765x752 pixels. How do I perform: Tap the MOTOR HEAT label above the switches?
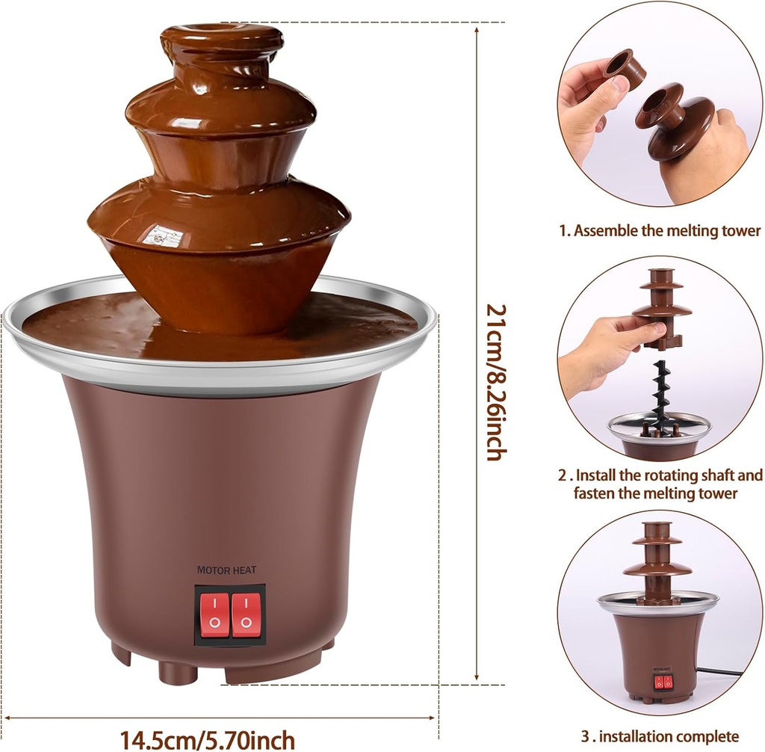click(226, 570)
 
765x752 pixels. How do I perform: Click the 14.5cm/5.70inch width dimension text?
click(208, 739)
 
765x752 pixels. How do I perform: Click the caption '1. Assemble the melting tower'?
click(660, 230)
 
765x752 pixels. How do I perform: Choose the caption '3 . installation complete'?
click(660, 736)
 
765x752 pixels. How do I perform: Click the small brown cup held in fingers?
click(625, 68)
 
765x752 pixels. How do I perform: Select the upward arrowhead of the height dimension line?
click(477, 30)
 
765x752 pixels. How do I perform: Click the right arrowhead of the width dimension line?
click(436, 717)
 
